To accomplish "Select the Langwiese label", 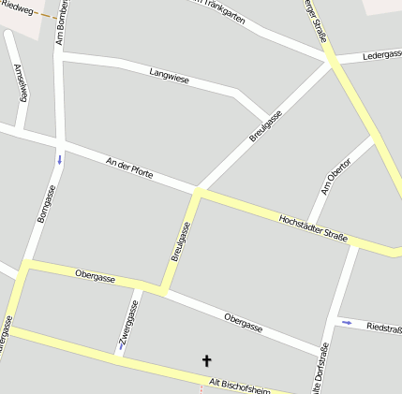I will point(169,75).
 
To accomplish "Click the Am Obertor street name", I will point(335,176).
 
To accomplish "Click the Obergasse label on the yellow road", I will point(95,273).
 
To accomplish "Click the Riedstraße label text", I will point(384,328).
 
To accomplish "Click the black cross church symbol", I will point(207,360).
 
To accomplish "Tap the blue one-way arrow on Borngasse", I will point(60,159).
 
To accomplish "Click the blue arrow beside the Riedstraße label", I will point(347,323).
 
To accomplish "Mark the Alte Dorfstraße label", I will point(321,370).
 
